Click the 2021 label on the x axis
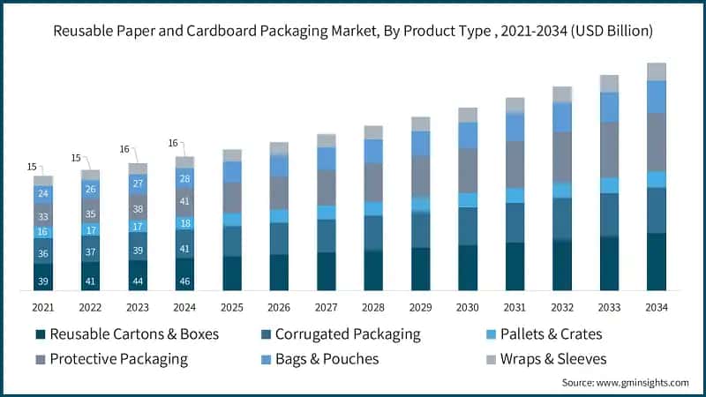(x=43, y=306)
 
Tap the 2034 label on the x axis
(x=656, y=306)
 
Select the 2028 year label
(x=373, y=306)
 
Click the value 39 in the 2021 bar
(x=43, y=281)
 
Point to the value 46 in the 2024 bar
(x=184, y=281)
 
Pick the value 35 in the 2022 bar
(x=90, y=213)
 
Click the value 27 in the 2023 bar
(x=138, y=184)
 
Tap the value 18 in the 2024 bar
(x=184, y=223)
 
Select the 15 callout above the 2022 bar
(x=77, y=159)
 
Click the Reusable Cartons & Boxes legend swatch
(x=40, y=334)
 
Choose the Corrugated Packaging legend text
(x=348, y=334)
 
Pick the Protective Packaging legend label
(x=118, y=359)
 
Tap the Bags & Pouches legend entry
(x=327, y=359)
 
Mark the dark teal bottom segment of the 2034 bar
(x=656, y=262)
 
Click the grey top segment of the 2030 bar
(x=468, y=115)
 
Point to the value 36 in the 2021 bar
(x=43, y=254)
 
